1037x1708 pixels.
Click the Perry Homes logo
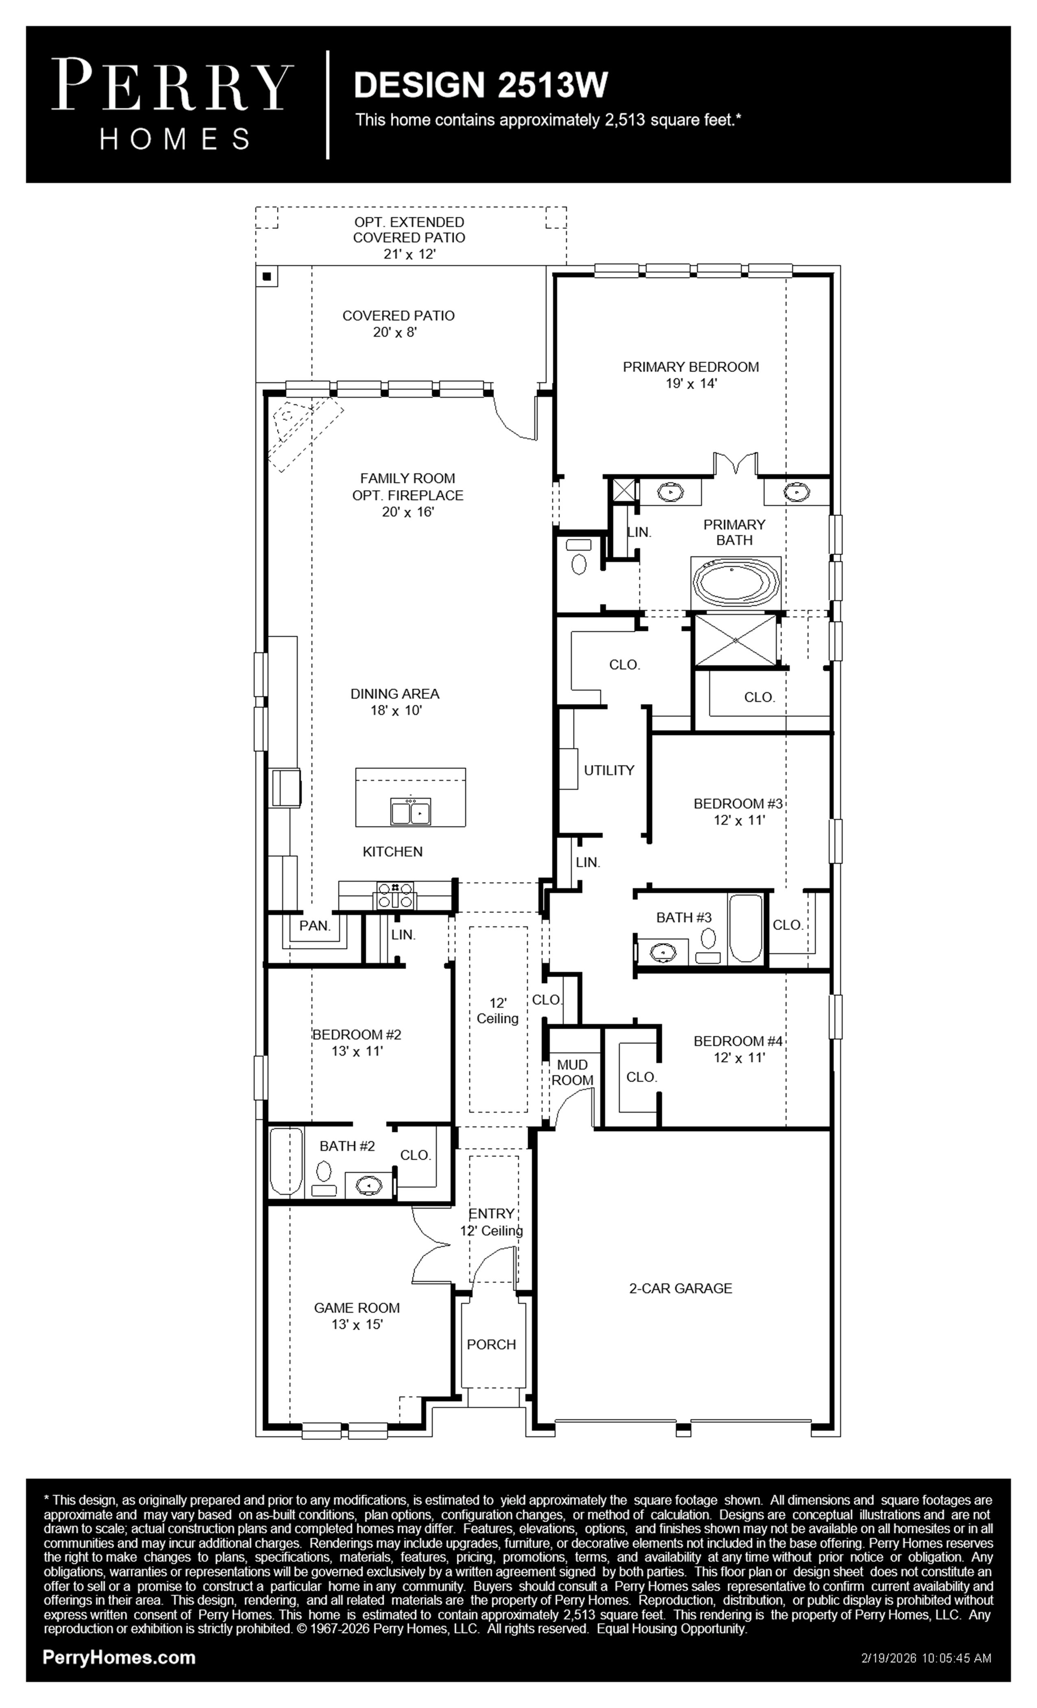[172, 104]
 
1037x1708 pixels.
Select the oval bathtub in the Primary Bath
[736, 584]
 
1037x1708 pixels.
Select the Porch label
[492, 1345]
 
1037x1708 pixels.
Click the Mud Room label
[573, 1072]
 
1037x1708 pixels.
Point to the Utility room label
[609, 770]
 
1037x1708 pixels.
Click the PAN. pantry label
[315, 926]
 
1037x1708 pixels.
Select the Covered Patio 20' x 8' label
[399, 324]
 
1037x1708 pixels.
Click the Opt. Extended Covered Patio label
[409, 238]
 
